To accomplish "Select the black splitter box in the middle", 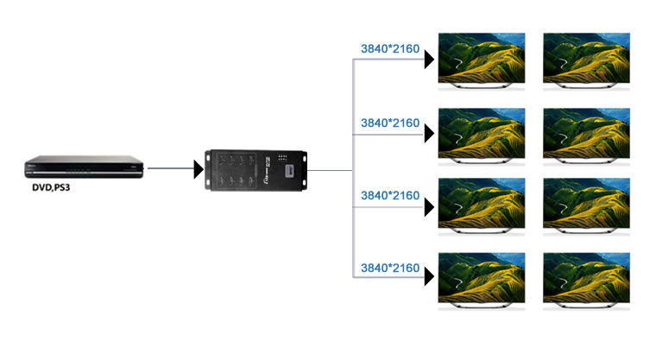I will tap(256, 171).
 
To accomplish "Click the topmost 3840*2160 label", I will tap(389, 49).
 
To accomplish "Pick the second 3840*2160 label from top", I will tap(389, 123).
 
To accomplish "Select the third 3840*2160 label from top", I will tap(389, 197).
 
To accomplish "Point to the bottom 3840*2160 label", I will tap(389, 269).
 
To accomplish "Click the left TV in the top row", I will tap(482, 59).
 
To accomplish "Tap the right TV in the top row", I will tap(587, 59).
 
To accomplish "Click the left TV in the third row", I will tap(482, 205).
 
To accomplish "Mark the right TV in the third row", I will tap(587, 205).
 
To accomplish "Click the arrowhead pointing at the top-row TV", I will tap(428, 60).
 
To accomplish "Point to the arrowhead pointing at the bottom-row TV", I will tap(428, 278).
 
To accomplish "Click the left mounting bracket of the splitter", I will tap(209, 171).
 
